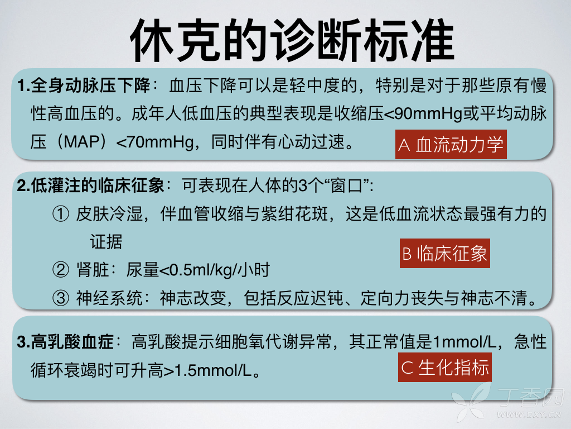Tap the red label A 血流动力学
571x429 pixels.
point(451,145)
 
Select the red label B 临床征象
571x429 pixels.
point(445,254)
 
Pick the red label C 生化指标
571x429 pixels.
point(445,368)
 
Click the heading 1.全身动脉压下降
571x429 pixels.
point(84,87)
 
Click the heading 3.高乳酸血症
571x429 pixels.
point(65,341)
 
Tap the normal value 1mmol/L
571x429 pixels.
point(463,341)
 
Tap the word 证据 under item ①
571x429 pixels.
point(106,242)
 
